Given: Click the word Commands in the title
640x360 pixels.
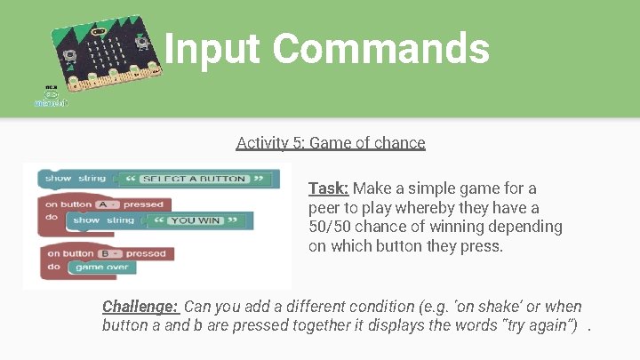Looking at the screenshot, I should pyautogui.click(x=383, y=49).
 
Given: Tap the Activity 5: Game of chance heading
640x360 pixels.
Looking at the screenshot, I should pyautogui.click(x=331, y=142).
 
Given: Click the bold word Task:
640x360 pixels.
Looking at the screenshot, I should pyautogui.click(x=328, y=188).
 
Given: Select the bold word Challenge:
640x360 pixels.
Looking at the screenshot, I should pyautogui.click(x=140, y=307).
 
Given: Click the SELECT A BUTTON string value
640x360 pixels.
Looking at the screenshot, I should pyautogui.click(x=192, y=179).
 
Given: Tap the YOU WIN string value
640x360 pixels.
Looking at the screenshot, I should pyautogui.click(x=195, y=220).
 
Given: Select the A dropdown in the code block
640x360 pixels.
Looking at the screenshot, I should pyautogui.click(x=105, y=204).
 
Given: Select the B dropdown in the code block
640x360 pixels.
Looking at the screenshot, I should pyautogui.click(x=106, y=253).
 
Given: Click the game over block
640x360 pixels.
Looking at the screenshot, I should pyautogui.click(x=101, y=267).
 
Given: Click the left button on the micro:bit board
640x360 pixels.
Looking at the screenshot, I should pyautogui.click(x=68, y=54).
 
